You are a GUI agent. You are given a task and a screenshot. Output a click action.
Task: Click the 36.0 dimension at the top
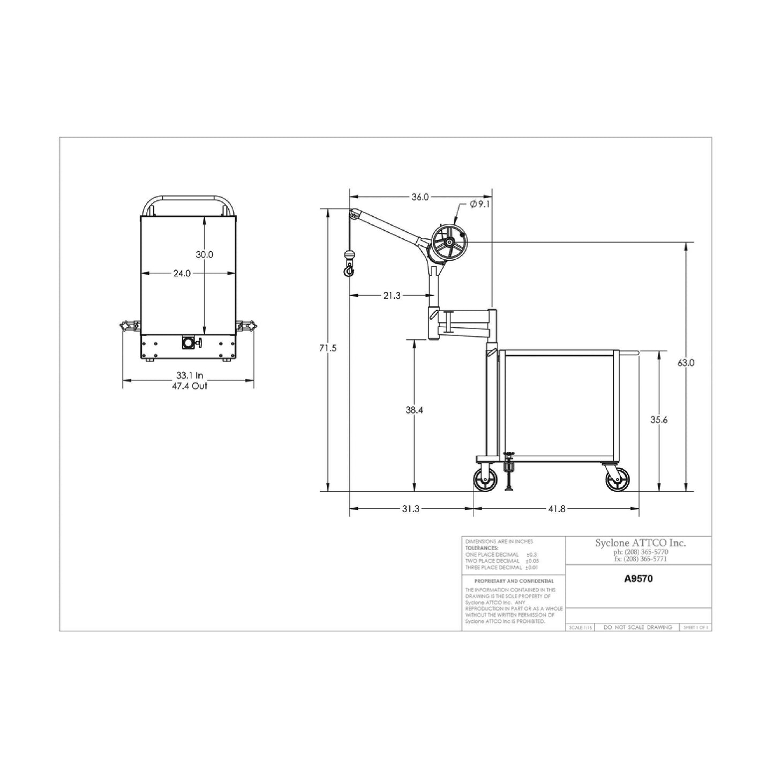point(420,197)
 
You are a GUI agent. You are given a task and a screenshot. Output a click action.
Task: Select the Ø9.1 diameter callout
point(479,204)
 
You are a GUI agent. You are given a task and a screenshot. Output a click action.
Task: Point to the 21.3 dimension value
point(392,295)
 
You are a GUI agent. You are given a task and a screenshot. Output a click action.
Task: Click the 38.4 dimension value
point(414,410)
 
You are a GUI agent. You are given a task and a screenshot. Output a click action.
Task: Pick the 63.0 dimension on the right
point(686,363)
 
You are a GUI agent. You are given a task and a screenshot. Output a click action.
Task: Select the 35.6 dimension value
point(659,420)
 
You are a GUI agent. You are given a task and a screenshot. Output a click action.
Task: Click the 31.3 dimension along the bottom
point(410,509)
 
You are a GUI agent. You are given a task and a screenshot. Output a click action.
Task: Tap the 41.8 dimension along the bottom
point(557,509)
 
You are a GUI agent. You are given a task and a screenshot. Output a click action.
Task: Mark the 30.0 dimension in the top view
point(204,255)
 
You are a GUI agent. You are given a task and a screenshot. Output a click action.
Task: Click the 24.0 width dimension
point(182,273)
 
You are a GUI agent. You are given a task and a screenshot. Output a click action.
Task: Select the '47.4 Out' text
point(189,386)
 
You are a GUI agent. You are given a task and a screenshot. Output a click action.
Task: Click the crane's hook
point(349,270)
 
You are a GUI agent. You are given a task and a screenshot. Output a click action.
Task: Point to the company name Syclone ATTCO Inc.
point(640,543)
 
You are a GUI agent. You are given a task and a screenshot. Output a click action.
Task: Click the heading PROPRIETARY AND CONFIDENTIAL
point(514,581)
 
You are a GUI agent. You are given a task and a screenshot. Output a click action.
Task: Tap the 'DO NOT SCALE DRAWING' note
point(637,627)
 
